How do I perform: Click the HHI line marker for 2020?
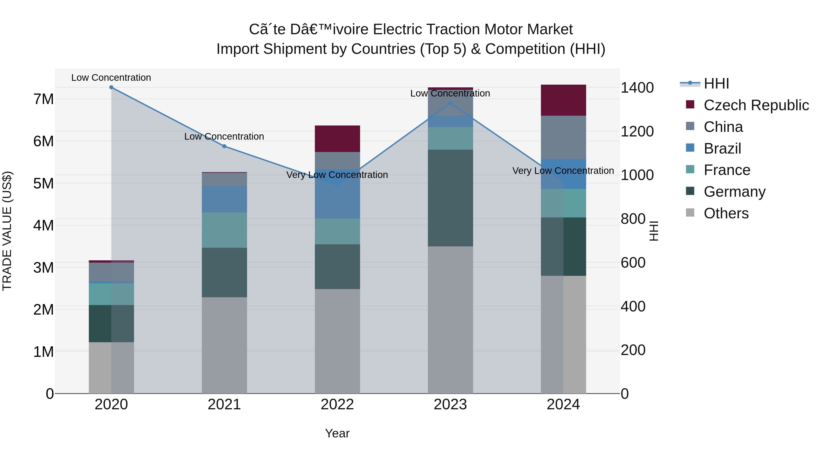pos(111,87)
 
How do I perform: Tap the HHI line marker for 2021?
pos(224,146)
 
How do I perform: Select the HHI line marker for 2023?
pos(450,103)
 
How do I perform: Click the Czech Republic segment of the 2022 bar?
pos(337,139)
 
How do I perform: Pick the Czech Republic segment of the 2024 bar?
pos(563,100)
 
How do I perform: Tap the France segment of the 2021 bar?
pos(224,230)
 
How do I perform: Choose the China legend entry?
pos(723,127)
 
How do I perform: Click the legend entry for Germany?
pos(734,192)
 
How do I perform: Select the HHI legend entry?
pos(716,84)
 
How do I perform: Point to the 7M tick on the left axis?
pos(43,99)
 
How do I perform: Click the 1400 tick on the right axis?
pos(637,88)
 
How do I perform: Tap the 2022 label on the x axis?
pos(337,405)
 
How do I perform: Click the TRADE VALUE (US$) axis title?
pos(7,231)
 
